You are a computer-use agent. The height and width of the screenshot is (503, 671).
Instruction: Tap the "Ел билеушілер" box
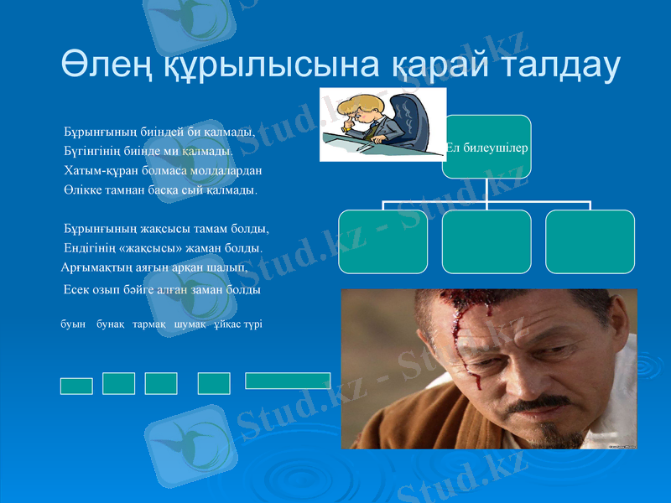(x=486, y=147)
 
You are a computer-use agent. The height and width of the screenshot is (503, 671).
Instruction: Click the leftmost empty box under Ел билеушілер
(x=382, y=241)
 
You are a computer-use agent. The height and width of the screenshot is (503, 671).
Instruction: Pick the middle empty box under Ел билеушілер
(x=486, y=241)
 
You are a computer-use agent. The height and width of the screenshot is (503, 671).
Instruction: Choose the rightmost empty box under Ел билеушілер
(x=590, y=241)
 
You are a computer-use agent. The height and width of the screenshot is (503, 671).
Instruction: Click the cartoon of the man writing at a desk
(x=382, y=124)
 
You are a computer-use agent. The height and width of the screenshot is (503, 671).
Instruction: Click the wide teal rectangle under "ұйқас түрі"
(x=287, y=381)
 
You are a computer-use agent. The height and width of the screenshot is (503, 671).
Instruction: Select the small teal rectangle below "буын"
(x=76, y=386)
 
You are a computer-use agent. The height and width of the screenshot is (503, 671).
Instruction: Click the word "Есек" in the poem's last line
(x=78, y=290)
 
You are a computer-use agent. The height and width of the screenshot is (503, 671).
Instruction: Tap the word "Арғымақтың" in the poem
(x=95, y=268)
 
